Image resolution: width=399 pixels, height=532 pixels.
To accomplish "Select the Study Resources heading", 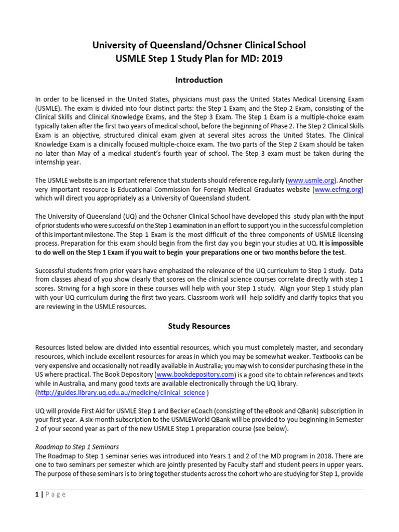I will pos(199,326).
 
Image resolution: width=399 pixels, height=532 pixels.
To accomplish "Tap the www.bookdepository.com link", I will pos(189,375).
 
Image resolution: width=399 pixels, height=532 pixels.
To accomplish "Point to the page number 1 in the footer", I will pos(36,494).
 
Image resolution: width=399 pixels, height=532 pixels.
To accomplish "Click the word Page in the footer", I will pos(55,494).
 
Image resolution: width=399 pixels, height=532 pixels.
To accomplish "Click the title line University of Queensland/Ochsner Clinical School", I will pos(199,45).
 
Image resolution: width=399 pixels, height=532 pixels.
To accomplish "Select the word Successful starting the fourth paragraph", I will pos(52,271).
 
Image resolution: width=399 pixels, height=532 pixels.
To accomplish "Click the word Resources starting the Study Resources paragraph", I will pos(51,347).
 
